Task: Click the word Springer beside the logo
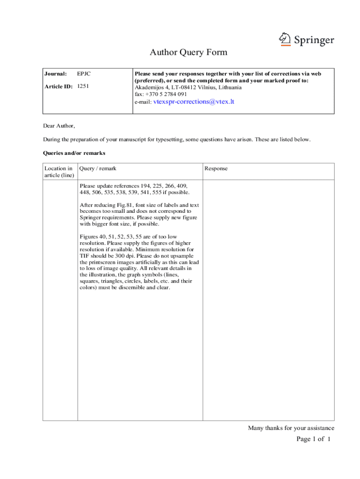(314, 40)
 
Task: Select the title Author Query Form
(188, 52)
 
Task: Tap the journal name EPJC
(84, 74)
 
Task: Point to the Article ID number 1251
(83, 86)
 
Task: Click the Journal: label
(56, 74)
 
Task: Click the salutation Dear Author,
(59, 126)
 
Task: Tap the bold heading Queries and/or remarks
(74, 153)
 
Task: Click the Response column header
(216, 168)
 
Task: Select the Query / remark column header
(98, 168)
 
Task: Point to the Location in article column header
(58, 172)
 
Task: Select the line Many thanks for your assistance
(291, 428)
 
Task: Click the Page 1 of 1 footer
(314, 439)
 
